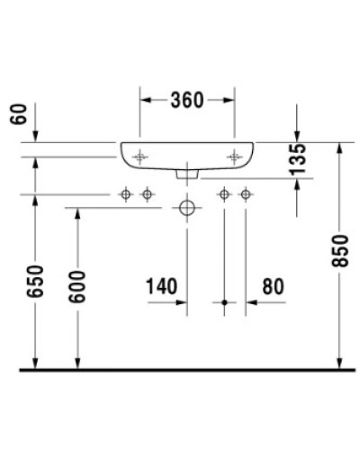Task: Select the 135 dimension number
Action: [300, 158]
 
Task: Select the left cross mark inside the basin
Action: [139, 157]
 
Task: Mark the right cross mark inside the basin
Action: [236, 157]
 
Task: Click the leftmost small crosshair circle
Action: [126, 193]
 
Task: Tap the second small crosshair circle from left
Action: [146, 193]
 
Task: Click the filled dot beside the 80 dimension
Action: [224, 303]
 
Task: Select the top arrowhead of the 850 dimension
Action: [340, 147]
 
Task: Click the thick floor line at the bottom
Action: [180, 370]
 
